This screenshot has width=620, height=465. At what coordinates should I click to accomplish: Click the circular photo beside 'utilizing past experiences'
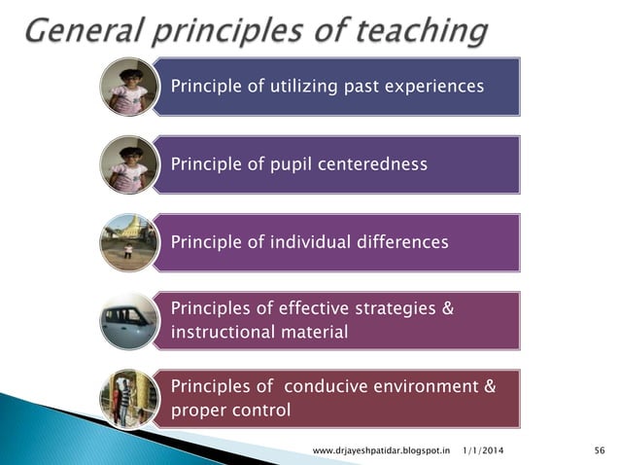(x=129, y=87)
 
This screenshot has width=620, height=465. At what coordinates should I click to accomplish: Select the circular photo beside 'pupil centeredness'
(x=129, y=164)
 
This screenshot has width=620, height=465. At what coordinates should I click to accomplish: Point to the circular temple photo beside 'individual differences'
(x=129, y=242)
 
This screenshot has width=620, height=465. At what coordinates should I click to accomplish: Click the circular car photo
(x=129, y=320)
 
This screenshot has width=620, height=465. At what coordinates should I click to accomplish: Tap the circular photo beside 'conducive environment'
(x=129, y=399)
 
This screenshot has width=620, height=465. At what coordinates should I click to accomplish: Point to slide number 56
(x=598, y=449)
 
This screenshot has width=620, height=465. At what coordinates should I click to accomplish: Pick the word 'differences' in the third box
(x=399, y=242)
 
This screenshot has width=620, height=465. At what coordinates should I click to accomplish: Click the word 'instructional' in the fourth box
(x=221, y=333)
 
